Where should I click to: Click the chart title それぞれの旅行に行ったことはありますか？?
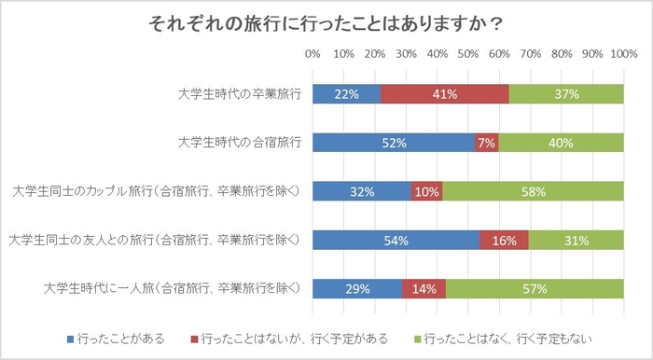326,22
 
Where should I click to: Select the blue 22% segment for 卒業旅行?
346,94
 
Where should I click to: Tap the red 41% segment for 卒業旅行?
445,94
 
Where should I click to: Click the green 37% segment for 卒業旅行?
566,94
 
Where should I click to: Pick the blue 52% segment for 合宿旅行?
394,143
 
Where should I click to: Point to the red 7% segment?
486,143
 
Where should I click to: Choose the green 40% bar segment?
561,143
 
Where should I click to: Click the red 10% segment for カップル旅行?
427,191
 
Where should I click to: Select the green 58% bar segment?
533,191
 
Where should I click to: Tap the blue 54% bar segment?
396,241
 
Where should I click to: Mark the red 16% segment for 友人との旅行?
505,241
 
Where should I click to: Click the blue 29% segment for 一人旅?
357,289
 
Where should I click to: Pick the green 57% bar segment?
535,289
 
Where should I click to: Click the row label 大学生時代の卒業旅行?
240,94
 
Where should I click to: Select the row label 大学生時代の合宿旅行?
240,143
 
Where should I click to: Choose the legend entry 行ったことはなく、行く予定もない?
507,338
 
